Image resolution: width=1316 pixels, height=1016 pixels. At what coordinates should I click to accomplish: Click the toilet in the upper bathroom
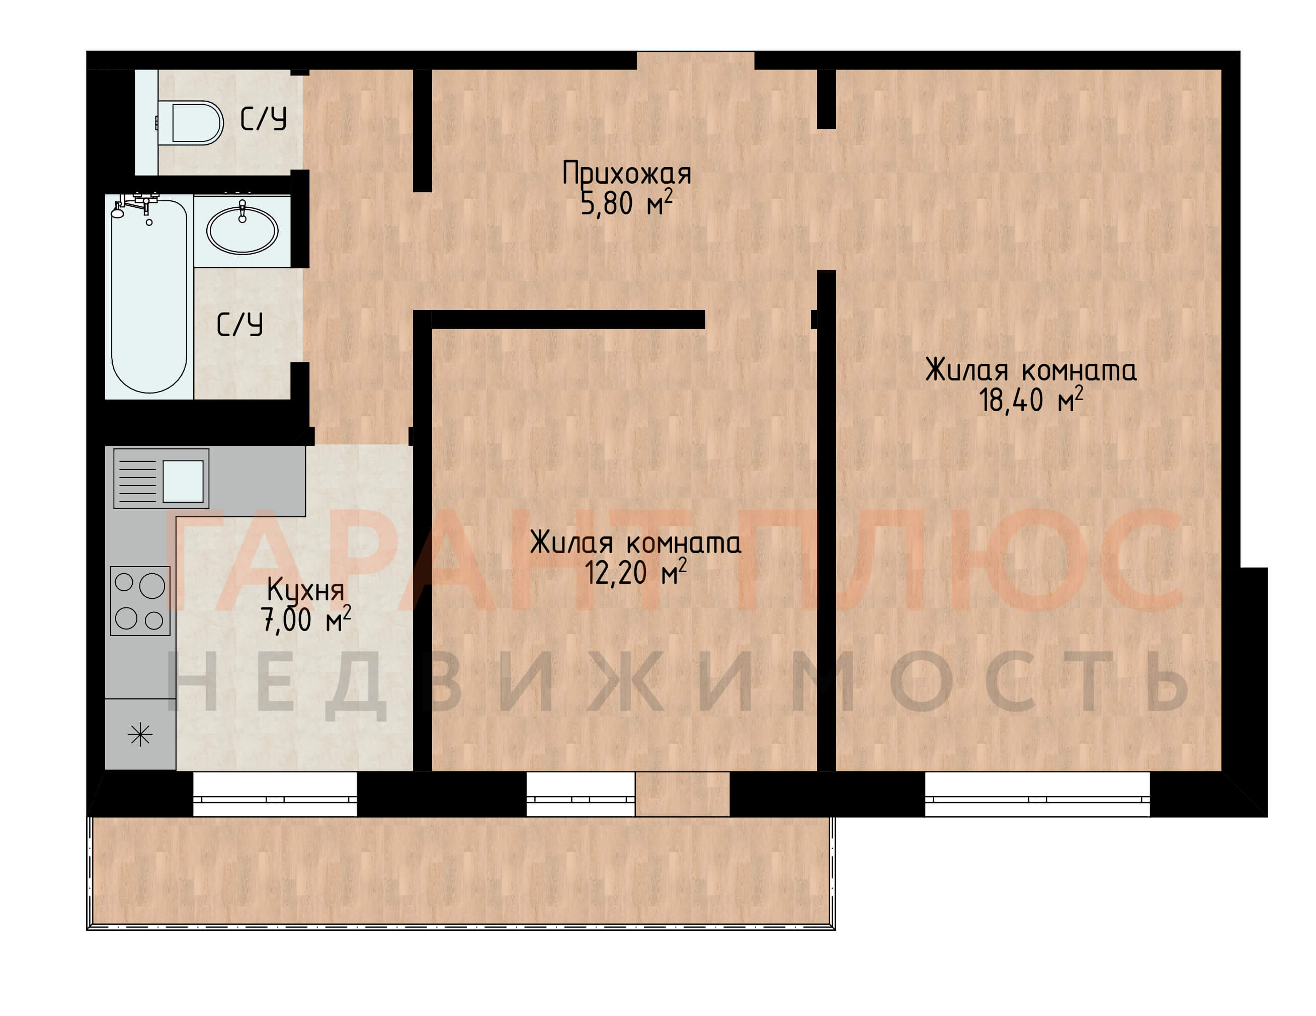tap(190, 123)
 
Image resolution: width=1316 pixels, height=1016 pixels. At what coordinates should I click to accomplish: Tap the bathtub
tap(149, 296)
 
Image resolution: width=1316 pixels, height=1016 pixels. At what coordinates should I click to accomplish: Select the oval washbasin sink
tap(242, 229)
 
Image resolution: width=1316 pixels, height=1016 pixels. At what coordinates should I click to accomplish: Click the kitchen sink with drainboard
tap(161, 479)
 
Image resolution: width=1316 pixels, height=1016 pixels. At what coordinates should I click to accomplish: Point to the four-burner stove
tap(140, 601)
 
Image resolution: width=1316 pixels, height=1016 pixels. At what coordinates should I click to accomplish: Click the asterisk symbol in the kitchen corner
tap(140, 734)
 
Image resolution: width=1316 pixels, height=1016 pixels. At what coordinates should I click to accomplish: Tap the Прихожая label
tap(627, 174)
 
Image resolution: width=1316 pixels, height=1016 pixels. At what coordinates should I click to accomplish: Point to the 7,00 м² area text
tap(305, 619)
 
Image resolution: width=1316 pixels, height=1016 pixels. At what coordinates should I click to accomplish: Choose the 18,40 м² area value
tap(1031, 400)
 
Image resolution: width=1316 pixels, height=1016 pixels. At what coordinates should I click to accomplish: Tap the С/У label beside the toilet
tap(263, 119)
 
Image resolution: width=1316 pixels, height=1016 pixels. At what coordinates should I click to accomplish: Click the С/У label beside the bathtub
tap(240, 324)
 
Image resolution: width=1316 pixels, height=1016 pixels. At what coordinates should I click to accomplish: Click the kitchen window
tap(275, 794)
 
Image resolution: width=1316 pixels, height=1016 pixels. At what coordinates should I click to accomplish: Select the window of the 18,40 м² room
tap(1037, 794)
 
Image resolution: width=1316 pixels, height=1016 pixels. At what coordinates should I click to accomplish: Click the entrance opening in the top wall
tap(695, 60)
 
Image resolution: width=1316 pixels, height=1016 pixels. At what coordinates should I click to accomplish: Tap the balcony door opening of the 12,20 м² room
tap(682, 794)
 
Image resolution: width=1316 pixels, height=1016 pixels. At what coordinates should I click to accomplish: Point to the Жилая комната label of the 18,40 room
tap(1031, 370)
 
